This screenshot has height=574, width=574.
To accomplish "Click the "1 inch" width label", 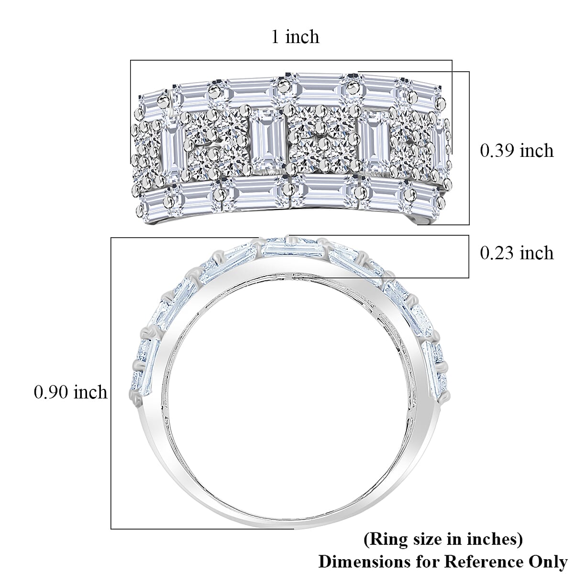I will click(295, 36).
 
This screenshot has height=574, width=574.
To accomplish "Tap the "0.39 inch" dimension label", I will click(517, 151).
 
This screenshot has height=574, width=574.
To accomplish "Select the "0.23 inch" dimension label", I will click(517, 253).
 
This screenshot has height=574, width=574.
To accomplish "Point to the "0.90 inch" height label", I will click(71, 392).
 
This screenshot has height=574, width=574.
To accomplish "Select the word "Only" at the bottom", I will click(548, 562).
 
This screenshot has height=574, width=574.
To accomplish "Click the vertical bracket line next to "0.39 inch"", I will click(469, 148).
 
